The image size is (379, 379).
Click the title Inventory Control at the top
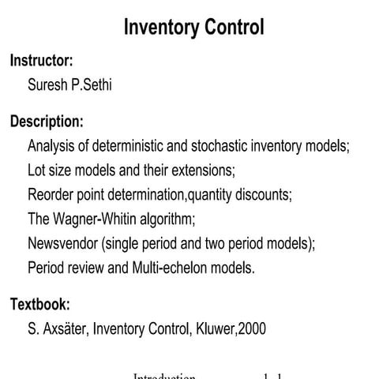(194, 28)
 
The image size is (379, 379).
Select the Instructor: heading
(41, 60)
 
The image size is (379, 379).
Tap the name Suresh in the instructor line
(48, 84)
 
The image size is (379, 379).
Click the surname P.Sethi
(92, 84)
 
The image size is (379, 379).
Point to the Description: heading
(47, 122)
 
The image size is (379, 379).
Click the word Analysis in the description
(51, 146)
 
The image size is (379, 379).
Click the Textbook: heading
(40, 304)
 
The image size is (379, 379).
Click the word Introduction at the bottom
(163, 377)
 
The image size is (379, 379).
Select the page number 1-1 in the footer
(273, 377)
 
